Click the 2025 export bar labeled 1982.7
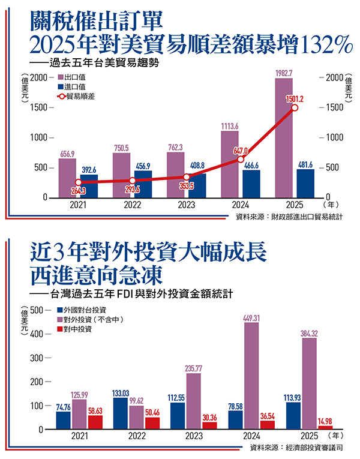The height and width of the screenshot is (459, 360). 284,138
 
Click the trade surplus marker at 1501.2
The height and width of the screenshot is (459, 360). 294,108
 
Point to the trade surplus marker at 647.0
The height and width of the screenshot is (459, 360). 240,159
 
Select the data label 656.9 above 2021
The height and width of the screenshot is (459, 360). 67,153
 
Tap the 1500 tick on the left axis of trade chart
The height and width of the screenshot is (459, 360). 39,108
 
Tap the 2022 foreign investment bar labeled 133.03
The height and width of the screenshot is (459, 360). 121,414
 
